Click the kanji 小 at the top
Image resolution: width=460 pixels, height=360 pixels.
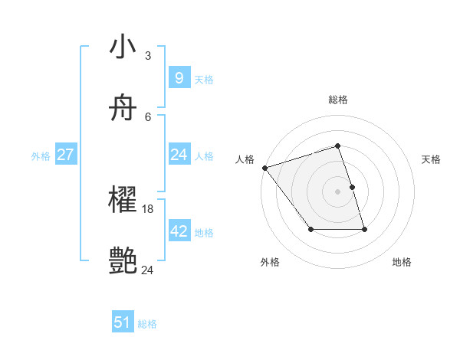click(123, 47)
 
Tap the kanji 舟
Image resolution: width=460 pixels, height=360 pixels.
click(123, 109)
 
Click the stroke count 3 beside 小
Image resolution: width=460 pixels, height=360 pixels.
click(148, 55)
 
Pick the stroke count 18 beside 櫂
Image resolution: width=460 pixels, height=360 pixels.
click(148, 209)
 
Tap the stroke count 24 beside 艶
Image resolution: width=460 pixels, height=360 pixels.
click(148, 270)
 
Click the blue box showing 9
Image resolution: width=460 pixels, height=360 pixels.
click(179, 77)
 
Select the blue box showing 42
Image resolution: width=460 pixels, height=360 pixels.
click(179, 231)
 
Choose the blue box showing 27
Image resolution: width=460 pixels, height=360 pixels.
click(65, 155)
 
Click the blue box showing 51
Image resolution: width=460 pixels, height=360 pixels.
click(123, 322)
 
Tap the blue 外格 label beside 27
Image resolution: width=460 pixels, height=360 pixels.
click(41, 156)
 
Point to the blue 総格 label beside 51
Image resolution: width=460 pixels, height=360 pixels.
click(147, 324)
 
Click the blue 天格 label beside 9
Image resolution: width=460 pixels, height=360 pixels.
click(204, 80)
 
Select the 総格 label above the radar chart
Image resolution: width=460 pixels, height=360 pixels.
click(338, 100)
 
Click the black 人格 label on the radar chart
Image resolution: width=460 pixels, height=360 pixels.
click(245, 159)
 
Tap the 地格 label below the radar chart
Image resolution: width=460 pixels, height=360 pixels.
click(402, 262)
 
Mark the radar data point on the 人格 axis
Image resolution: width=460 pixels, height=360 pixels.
click(264, 168)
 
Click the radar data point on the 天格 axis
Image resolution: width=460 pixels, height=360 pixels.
click(352, 187)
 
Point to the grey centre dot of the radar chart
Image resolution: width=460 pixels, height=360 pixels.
click(338, 191)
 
